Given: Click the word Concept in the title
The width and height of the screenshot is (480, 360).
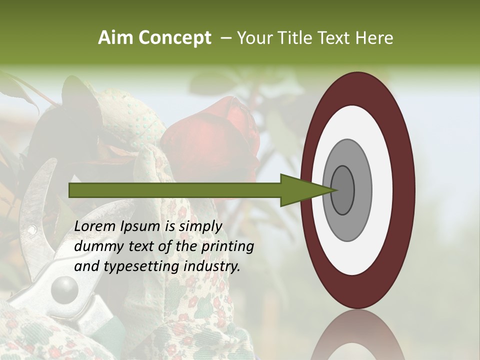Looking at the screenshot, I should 175,38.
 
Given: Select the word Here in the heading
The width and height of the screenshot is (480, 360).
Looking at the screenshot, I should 375,38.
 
